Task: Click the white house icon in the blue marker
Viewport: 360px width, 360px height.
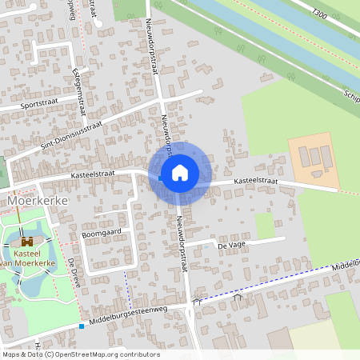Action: pos(180,172)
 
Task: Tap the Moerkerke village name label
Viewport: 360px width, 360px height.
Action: pos(36,201)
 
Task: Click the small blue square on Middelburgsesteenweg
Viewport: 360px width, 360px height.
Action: pos(82,326)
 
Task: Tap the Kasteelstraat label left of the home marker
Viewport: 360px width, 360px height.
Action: pos(94,172)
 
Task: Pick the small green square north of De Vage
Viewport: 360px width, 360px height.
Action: pos(265,225)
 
